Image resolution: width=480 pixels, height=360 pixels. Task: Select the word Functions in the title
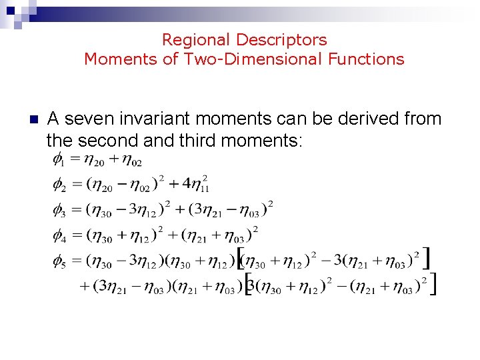pyautogui.click(x=366, y=59)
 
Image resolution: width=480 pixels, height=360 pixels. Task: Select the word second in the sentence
pyautogui.click(x=107, y=141)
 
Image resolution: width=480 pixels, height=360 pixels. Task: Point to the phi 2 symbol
pyautogui.click(x=59, y=183)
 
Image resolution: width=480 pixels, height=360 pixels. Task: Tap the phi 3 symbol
pyautogui.click(x=59, y=209)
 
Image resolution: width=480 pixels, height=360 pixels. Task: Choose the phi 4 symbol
pyautogui.click(x=59, y=235)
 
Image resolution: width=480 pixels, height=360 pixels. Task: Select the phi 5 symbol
pyautogui.click(x=59, y=261)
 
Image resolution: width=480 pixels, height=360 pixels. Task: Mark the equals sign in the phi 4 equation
pyautogui.click(x=76, y=235)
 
